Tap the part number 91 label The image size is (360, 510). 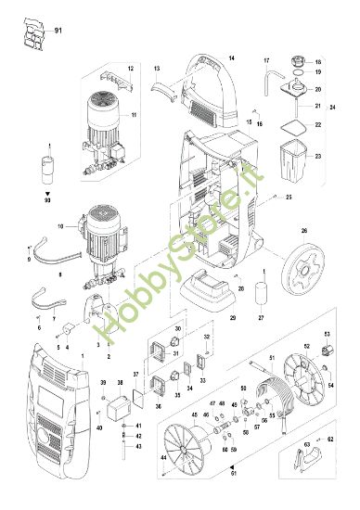coord(60,32)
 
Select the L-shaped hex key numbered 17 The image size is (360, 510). coord(270,76)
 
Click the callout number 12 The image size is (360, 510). coord(130,70)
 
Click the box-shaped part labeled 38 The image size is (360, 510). coord(118,407)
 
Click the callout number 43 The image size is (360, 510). coord(138,445)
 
